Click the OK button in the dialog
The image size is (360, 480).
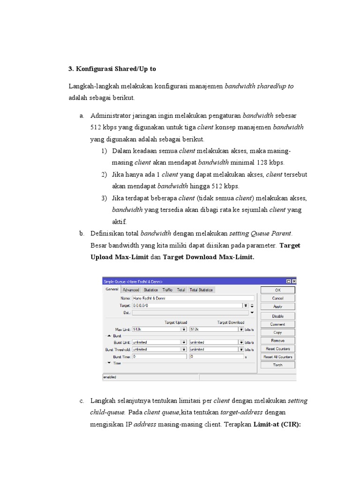[277, 290]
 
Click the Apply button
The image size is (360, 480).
[277, 307]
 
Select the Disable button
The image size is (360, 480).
[277, 316]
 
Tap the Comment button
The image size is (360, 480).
[277, 324]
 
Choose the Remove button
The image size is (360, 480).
[277, 341]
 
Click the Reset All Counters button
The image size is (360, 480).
[277, 357]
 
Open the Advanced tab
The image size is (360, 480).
[131, 290]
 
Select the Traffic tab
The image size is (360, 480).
[167, 290]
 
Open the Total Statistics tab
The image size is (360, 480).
[201, 290]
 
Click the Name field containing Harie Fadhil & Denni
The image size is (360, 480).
[193, 298]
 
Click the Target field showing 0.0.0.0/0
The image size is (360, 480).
[187, 305]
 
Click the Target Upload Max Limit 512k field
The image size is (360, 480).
[157, 330]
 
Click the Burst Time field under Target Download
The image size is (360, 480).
[217, 356]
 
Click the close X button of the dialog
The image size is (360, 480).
[294, 282]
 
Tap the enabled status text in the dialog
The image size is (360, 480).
[110, 377]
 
